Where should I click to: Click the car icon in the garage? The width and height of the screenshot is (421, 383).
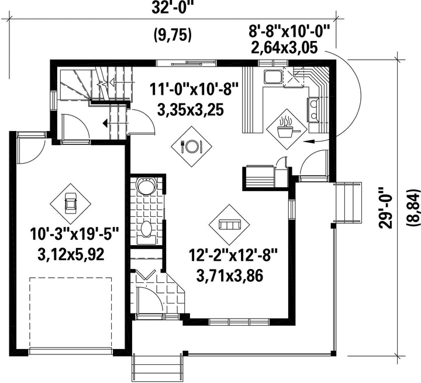(71, 204)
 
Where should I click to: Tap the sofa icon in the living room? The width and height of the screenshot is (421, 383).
(229, 225)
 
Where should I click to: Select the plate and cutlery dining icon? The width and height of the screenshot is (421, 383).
(191, 146)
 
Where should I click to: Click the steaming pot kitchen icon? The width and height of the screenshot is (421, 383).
(287, 129)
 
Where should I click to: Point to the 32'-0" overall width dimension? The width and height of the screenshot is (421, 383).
(172, 8)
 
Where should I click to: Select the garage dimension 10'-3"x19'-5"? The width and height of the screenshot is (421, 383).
(75, 234)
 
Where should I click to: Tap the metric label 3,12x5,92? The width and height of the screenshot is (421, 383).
(71, 254)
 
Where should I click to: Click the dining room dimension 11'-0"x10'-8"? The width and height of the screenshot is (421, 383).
(194, 89)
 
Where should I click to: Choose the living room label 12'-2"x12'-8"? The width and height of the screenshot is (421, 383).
(233, 256)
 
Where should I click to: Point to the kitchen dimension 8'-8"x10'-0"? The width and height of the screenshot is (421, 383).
(289, 31)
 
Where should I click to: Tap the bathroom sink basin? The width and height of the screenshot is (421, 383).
(146, 185)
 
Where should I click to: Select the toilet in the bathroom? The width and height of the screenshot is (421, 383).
(146, 233)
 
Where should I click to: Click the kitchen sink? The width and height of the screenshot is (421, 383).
(273, 77)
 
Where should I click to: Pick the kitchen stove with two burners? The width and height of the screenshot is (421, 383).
(313, 109)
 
